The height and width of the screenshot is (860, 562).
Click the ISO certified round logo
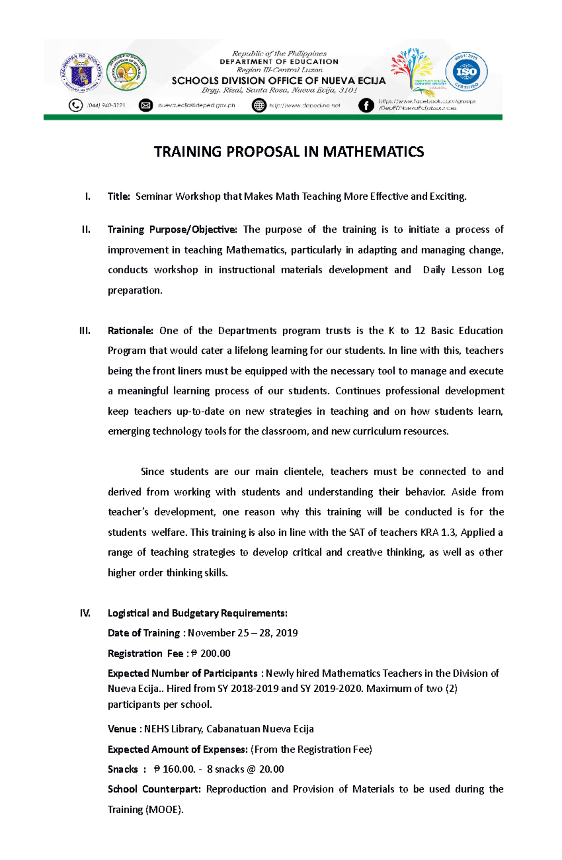coord(466,72)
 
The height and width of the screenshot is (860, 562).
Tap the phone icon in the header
coord(75,105)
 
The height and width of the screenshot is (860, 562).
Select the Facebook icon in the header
coord(366,105)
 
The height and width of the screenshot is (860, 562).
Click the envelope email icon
coord(146,105)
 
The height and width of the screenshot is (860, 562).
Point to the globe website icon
coord(259,105)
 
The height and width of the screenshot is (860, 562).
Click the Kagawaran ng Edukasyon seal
coord(81,73)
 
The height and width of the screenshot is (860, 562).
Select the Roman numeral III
coord(85,331)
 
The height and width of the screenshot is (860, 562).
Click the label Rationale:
coord(130,331)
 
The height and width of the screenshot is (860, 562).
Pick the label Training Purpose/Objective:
coord(172,230)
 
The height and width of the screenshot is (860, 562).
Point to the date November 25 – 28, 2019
coord(243,633)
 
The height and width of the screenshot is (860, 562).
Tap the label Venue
coord(122,729)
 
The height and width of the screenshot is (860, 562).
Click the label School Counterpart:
coord(154,789)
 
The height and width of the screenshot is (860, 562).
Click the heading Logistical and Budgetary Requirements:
coord(197,613)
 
